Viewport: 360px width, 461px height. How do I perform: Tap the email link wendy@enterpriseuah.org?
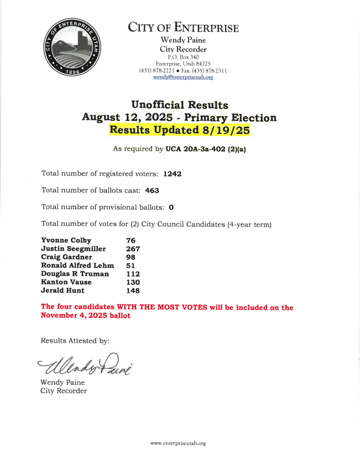pos(183,77)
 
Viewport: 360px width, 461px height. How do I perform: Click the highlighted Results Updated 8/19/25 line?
pos(179,131)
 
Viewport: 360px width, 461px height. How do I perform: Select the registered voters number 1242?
pos(172,174)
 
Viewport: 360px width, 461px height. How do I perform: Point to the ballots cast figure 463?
pos(152,190)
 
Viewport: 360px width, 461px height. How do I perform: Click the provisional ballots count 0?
pos(171,208)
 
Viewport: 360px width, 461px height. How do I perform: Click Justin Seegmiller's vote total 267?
pos(133,248)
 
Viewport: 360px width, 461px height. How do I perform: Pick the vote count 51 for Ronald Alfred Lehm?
pos(131,266)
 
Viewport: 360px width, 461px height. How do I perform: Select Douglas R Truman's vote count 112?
pos(133,274)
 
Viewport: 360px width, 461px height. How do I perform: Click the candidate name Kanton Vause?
pos(66,282)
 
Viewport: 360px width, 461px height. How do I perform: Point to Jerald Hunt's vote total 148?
pos(133,291)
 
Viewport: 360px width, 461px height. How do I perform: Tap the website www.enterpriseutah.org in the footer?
pos(178,443)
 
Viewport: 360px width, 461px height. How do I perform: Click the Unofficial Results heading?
pos(179,105)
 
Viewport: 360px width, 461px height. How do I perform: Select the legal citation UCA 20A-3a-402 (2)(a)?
pos(206,149)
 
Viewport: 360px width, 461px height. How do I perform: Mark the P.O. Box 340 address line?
pos(183,57)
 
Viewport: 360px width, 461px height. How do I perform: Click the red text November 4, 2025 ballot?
pos(86,315)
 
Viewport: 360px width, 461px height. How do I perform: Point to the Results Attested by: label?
pos(75,340)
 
